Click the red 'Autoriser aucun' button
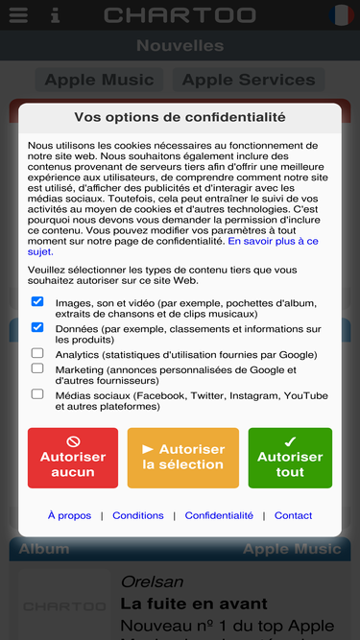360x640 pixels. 73,458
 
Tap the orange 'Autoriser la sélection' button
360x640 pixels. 183,458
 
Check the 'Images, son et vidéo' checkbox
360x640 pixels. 37,301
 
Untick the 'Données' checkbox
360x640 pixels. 37,327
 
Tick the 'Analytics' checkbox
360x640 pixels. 37,353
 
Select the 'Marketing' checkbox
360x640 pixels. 37,367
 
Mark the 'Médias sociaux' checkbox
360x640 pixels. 37,393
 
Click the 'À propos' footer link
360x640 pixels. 69,515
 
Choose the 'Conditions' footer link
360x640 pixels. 138,515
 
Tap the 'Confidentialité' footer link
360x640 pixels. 219,515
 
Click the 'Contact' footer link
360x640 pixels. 293,515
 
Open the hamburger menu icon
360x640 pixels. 17,15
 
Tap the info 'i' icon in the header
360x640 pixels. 55,15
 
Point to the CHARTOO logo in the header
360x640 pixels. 180,15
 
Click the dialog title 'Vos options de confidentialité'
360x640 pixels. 180,117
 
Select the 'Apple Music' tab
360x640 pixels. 99,80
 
